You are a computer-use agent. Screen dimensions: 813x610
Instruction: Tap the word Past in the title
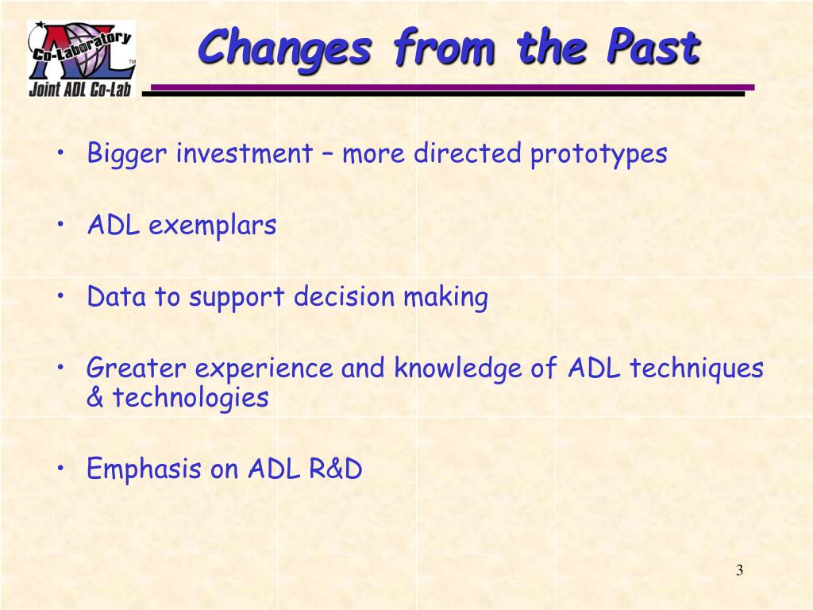[654, 47]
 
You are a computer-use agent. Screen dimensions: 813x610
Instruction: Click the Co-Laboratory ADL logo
[82, 59]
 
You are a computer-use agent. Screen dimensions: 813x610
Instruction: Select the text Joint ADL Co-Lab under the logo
[80, 89]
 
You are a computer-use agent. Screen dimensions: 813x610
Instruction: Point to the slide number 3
[739, 570]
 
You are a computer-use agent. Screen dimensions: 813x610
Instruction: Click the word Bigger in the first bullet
[127, 153]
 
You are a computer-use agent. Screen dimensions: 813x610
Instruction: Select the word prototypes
[599, 154]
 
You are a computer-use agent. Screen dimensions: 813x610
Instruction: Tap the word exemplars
[212, 226]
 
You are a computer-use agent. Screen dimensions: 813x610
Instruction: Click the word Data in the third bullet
[117, 297]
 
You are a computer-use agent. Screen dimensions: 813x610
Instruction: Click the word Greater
[137, 368]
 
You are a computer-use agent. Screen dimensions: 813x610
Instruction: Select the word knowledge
[457, 369]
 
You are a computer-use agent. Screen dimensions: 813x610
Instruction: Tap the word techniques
[696, 369]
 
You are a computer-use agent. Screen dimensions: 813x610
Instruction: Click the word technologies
[191, 399]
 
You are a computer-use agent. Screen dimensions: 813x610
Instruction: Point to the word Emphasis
[144, 469]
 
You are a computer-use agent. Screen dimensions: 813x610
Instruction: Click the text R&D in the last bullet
[336, 469]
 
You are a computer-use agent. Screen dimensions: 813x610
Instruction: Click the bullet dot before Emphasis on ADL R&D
[61, 467]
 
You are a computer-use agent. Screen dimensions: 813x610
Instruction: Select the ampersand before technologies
[95, 397]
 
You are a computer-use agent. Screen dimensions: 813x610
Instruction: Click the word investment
[245, 153]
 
